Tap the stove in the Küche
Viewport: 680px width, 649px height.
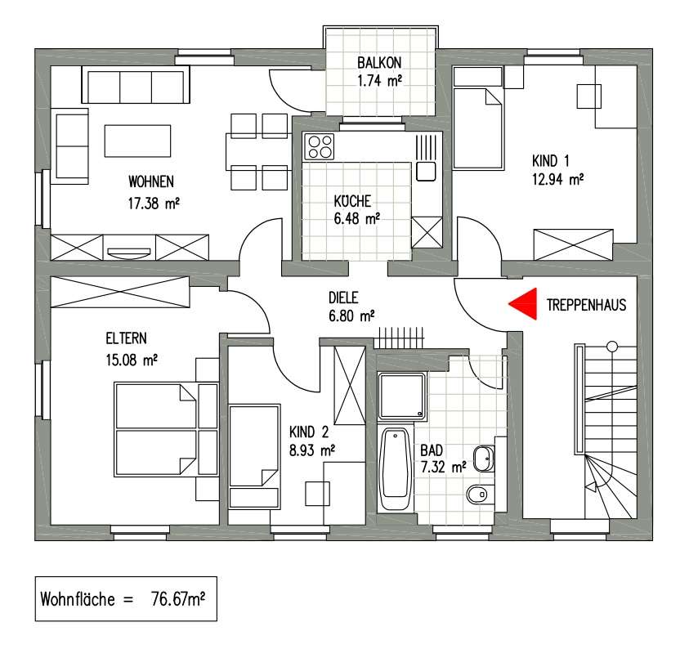click(320, 146)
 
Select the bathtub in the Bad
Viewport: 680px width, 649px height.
click(395, 468)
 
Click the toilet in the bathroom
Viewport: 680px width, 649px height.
click(480, 494)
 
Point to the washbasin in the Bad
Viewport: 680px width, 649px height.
click(484, 459)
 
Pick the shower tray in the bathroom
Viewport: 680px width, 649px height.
click(401, 396)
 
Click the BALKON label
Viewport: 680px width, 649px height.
click(379, 62)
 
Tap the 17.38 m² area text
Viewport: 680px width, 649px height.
click(154, 203)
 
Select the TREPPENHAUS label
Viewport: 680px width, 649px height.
click(586, 305)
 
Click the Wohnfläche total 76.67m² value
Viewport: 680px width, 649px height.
click(178, 599)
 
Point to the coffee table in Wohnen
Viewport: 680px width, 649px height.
click(137, 141)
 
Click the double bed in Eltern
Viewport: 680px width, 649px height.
click(166, 429)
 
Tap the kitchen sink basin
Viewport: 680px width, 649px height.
click(426, 172)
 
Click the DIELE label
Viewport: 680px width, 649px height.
click(343, 298)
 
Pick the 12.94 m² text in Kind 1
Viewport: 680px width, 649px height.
click(557, 179)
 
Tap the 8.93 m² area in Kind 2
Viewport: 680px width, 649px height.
click(312, 450)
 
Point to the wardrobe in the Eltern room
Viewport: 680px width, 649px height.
click(120, 292)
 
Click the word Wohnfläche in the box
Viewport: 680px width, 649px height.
click(78, 599)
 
